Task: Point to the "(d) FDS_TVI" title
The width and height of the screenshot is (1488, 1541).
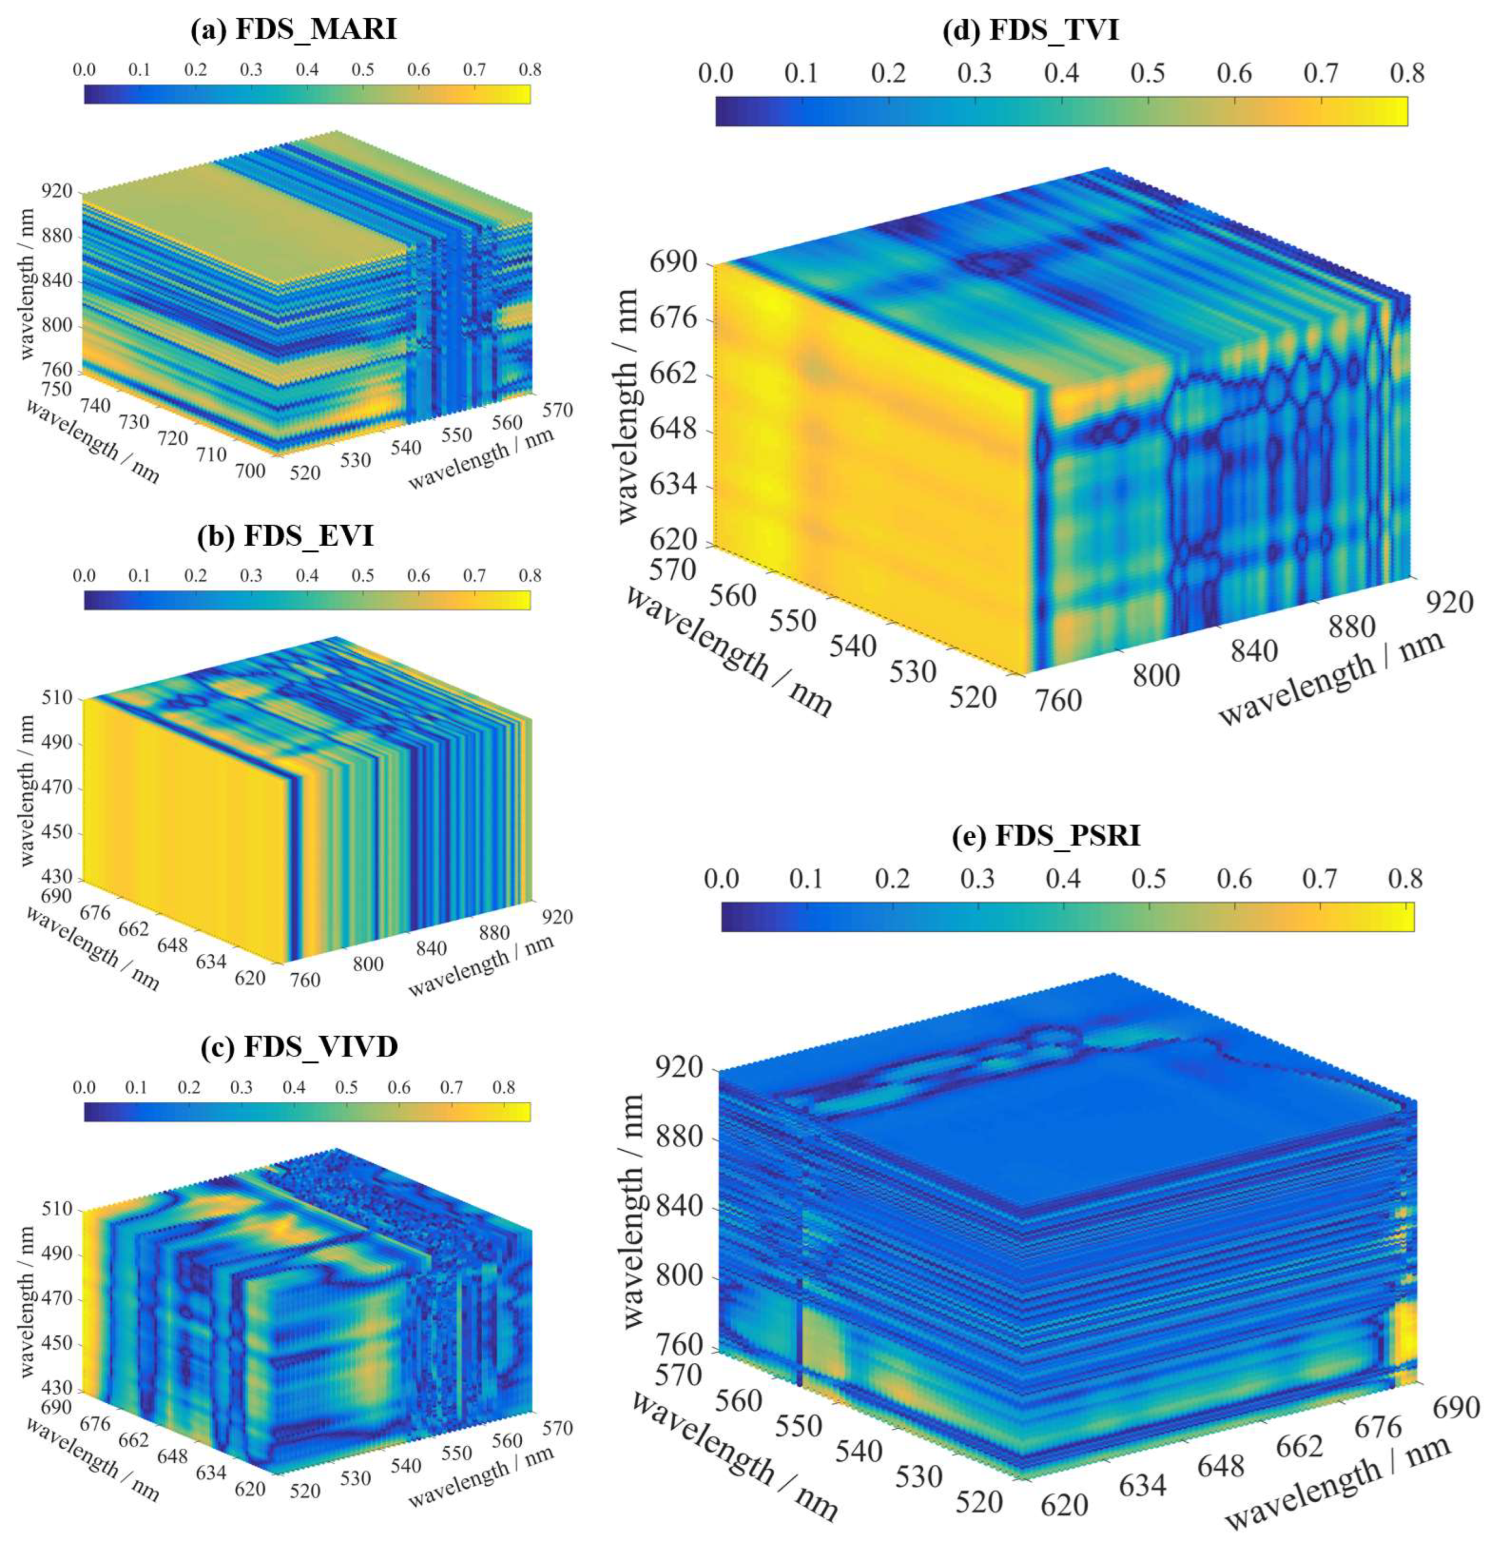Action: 1053,30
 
